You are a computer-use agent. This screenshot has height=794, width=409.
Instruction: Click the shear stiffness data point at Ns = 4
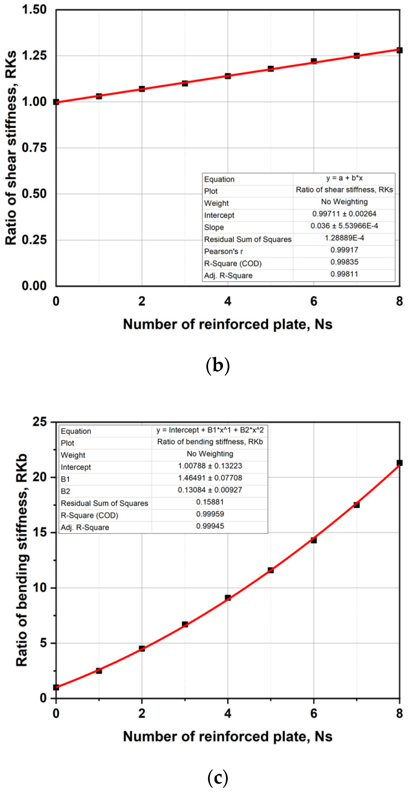[228, 76]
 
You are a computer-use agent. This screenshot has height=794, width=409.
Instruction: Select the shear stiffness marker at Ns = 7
[357, 55]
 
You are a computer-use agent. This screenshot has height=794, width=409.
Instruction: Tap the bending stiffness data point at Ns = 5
[271, 570]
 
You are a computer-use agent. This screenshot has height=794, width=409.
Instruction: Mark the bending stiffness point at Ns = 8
[400, 463]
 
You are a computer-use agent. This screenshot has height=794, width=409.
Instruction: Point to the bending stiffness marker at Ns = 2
[142, 648]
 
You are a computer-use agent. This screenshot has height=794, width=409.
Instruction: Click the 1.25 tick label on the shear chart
[34, 55]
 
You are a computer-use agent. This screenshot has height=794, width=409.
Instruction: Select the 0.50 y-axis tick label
[34, 194]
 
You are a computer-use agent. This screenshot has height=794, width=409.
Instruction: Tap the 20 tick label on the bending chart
[40, 477]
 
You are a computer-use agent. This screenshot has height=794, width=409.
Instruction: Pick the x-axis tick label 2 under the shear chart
[142, 301]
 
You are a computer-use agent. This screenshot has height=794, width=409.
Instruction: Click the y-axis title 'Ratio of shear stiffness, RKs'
[11, 148]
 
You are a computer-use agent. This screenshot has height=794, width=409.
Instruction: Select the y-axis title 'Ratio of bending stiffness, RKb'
[22, 560]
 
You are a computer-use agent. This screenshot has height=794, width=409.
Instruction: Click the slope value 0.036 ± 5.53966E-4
[344, 226]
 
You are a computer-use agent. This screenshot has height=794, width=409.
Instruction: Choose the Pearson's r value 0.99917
[344, 250]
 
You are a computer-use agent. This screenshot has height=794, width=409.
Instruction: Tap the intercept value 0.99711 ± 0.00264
[344, 214]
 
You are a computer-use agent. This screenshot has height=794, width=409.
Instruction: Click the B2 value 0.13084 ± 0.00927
[210, 490]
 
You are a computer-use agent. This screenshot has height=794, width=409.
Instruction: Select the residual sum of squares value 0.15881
[210, 502]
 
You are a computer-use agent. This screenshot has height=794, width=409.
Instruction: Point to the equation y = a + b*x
[344, 178]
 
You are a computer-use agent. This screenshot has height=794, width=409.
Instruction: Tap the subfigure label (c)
[218, 777]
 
